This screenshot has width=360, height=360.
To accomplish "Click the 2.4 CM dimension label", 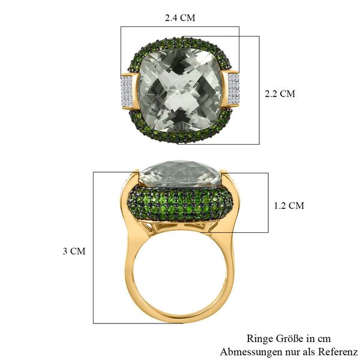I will click(180, 17).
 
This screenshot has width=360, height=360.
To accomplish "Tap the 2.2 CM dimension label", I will click(280, 94).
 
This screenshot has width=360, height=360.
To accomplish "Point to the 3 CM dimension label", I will click(74, 251).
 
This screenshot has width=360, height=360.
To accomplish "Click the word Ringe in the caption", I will click(260, 339).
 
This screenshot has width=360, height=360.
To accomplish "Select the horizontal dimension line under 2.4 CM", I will click(180, 26).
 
